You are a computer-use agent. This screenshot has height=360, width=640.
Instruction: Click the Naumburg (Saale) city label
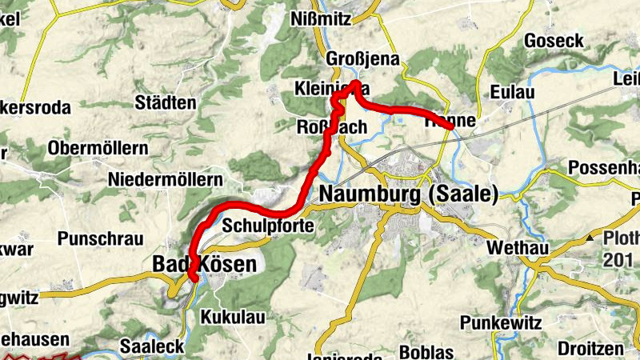point(409,194)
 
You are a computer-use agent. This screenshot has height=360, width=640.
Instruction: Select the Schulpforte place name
point(267,226)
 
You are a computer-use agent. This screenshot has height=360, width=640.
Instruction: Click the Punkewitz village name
point(501,322)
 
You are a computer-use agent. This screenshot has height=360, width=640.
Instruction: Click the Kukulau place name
point(233,317)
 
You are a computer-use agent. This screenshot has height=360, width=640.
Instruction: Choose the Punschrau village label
point(100,238)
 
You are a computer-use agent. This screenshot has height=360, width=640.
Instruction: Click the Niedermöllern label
point(164,178)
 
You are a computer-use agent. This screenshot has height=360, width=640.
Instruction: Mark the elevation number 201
point(618,259)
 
